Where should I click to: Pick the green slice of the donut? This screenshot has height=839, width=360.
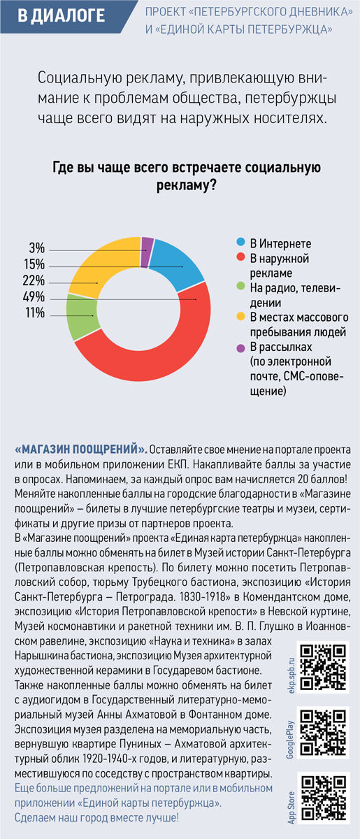pyautogui.click(x=82, y=317)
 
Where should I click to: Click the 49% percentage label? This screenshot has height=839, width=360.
pyautogui.click(x=34, y=296)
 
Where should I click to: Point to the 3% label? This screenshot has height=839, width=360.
pyautogui.click(x=37, y=248)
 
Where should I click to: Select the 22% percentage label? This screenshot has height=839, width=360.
pyautogui.click(x=34, y=280)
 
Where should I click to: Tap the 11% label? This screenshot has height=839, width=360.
pyautogui.click(x=35, y=313)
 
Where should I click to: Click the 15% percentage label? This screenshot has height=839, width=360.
pyautogui.click(x=34, y=264)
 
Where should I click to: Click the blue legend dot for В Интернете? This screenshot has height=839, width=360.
pyautogui.click(x=240, y=242)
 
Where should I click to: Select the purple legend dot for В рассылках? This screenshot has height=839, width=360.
pyautogui.click(x=240, y=348)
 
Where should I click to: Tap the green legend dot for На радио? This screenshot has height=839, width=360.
pyautogui.click(x=240, y=287)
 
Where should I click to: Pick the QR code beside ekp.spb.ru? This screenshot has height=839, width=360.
pyautogui.click(x=323, y=667)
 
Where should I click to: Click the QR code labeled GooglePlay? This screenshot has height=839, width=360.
pyautogui.click(x=323, y=733)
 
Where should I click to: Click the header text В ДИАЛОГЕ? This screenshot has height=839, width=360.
pyautogui.click(x=61, y=15)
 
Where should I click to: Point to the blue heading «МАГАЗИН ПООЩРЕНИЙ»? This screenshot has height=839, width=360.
pyautogui.click(x=81, y=449)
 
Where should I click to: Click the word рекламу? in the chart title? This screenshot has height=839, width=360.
pyautogui.click(x=186, y=185)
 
